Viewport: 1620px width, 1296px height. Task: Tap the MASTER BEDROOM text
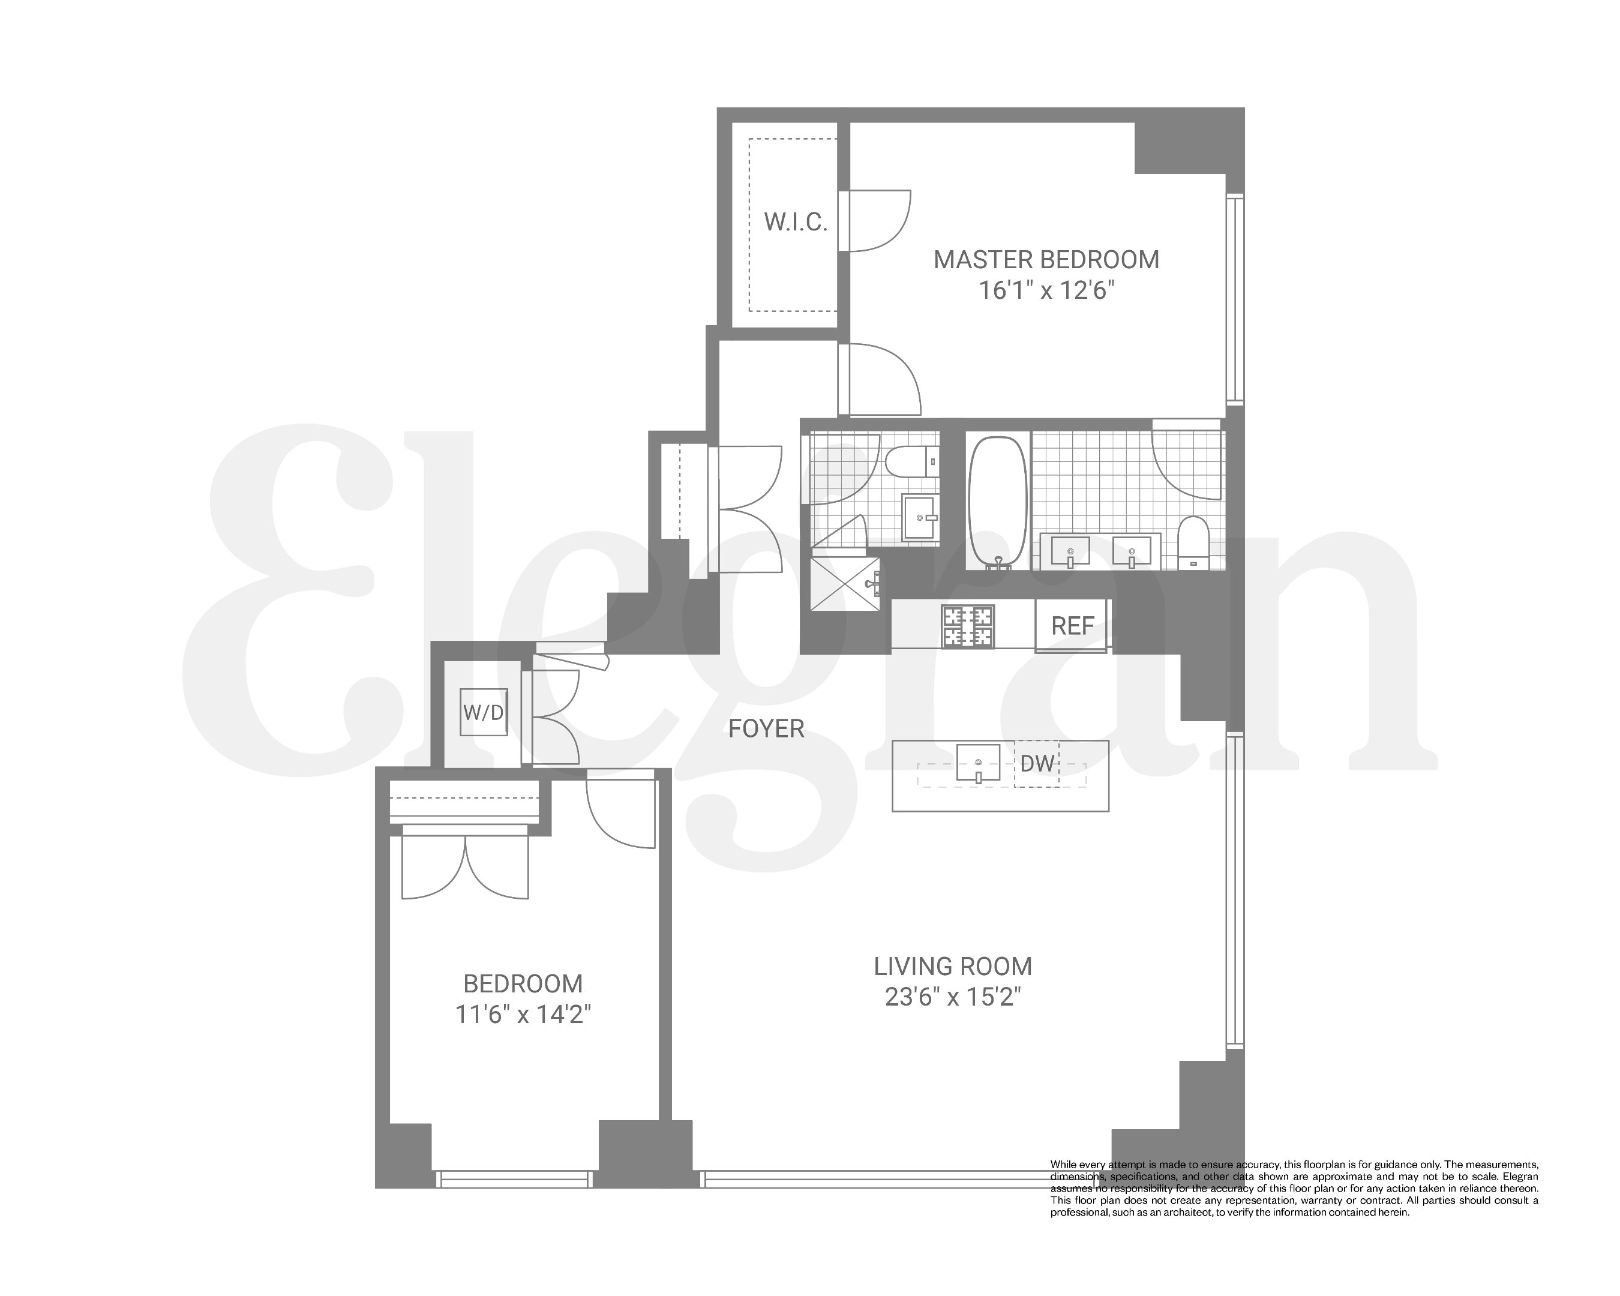1046,260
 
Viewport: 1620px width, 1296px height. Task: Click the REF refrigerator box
1072,626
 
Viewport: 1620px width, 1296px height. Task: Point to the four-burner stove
968,626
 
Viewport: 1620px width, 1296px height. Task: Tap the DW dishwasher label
1037,764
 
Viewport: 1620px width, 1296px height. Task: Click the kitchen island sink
977,764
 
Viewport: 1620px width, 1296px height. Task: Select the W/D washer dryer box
483,712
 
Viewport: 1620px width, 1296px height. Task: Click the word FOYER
766,729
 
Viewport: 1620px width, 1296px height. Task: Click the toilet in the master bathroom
1192,542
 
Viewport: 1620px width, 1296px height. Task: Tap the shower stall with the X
845,584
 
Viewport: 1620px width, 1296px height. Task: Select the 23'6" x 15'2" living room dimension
953,998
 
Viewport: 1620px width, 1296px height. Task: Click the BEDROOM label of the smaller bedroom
523,984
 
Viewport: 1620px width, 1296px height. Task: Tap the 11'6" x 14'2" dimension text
523,1016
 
